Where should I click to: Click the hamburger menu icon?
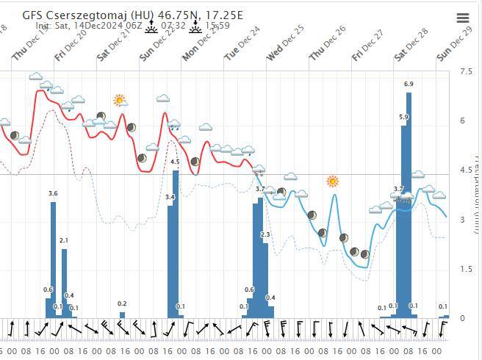[462, 18]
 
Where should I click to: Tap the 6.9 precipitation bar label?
[409, 84]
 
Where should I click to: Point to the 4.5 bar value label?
[175, 162]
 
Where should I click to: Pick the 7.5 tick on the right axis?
[465, 71]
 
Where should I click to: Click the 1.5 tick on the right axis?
[465, 270]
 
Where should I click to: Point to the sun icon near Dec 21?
[119, 100]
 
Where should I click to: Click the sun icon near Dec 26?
[333, 181]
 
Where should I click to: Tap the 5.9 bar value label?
[403, 117]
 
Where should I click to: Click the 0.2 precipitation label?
[122, 303]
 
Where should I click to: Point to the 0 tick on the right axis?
[462, 318]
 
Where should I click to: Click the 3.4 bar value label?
[170, 197]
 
